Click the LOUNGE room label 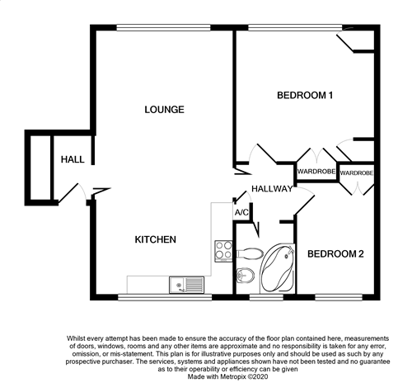(x=164, y=110)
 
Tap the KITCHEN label (x=156, y=239)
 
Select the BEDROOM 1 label (x=305, y=96)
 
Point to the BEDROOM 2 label (x=335, y=253)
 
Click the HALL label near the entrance (x=73, y=159)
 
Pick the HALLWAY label (x=272, y=189)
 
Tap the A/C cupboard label (x=241, y=212)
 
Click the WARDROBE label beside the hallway (x=316, y=172)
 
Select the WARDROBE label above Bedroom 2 (x=357, y=173)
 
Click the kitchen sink (x=187, y=285)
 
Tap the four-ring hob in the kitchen (x=223, y=251)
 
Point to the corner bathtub (x=278, y=268)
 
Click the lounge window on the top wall (x=163, y=27)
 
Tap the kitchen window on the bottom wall (x=165, y=297)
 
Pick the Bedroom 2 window (x=339, y=297)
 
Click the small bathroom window (x=266, y=297)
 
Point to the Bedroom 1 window (x=295, y=27)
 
